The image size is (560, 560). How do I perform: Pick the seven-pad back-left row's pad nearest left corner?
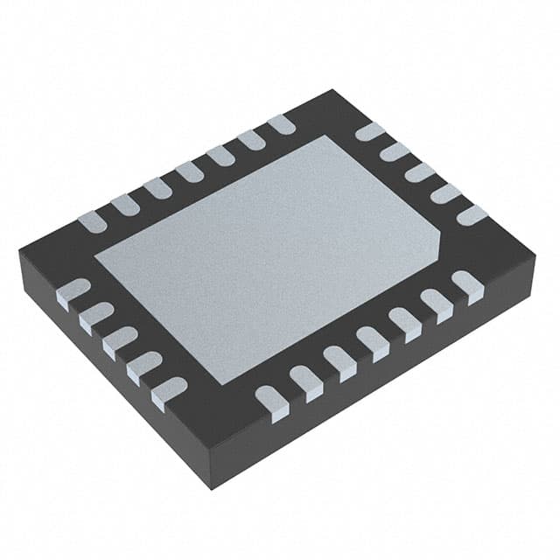click(92, 221)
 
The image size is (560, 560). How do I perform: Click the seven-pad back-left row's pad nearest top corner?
click(281, 124)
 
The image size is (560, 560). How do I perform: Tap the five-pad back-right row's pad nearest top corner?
click(370, 132)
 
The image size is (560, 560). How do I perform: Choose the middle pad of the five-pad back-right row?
click(420, 172)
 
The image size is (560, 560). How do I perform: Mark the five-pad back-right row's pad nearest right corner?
click(471, 214)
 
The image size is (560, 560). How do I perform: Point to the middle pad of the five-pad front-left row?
click(120, 340)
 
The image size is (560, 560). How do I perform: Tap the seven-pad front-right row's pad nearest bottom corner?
click(273, 402)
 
